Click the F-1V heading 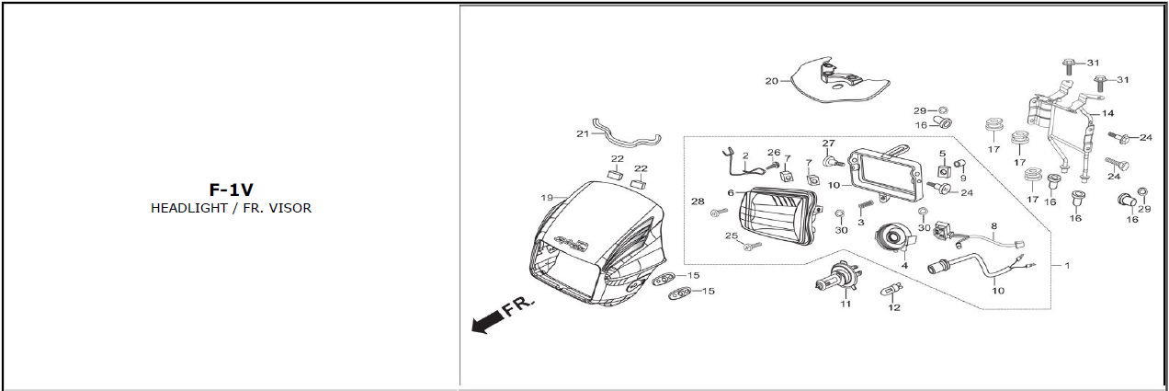[232, 190]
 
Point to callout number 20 [771, 81]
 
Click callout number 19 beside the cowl [547, 198]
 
